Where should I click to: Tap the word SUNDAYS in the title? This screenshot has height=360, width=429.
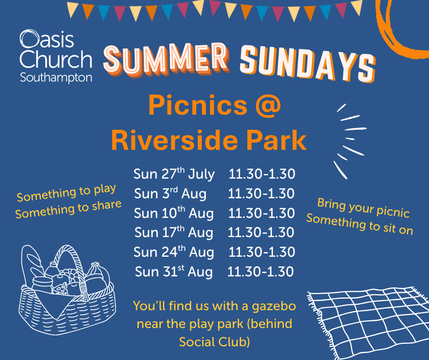[308, 64]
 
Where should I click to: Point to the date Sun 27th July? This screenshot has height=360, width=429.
[174, 174]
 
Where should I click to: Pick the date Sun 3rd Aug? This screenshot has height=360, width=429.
[170, 193]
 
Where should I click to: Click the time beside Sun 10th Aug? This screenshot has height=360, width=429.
[262, 213]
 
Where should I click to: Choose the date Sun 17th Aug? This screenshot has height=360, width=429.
[174, 233]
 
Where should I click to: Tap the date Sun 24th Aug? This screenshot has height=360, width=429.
[174, 252]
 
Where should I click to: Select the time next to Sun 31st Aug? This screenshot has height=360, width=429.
[261, 271]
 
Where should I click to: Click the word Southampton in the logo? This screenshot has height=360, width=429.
[56, 78]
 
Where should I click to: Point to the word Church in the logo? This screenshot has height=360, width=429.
[56, 59]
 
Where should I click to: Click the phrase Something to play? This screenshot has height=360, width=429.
[66, 192]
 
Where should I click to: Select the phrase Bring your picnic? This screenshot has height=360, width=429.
[363, 208]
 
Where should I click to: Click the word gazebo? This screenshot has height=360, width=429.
[274, 307]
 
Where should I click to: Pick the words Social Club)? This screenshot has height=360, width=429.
[214, 342]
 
